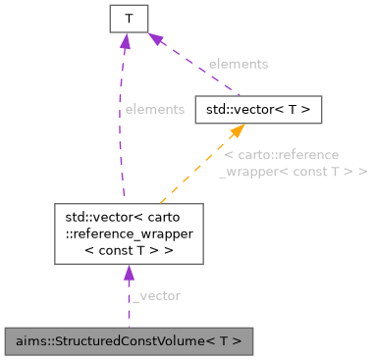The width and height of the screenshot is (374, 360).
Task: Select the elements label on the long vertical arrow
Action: pyautogui.click(x=154, y=109)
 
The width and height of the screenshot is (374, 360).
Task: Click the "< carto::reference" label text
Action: pyautogui.click(x=282, y=155)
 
